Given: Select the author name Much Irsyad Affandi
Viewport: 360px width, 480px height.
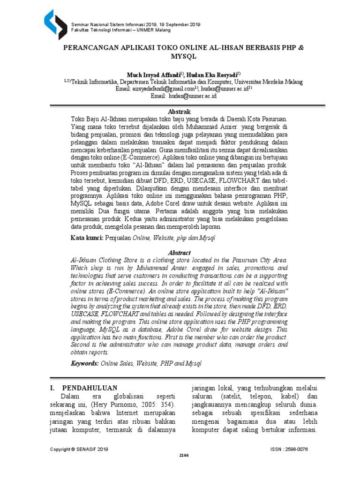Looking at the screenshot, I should [155, 74].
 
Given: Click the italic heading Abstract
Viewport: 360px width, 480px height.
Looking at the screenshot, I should [180, 252].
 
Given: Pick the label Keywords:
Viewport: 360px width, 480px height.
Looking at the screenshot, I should [85, 363].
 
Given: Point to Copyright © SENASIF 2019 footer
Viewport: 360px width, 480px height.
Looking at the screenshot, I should [79, 449].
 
